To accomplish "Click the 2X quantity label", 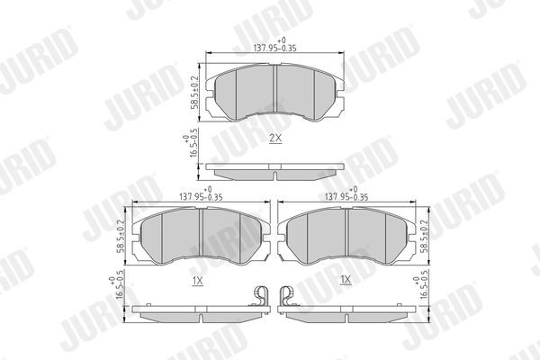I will [275, 139].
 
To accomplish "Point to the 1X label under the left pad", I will [197, 281].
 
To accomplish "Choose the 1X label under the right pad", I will [345, 281].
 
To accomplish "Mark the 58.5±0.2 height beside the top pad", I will [193, 94].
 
